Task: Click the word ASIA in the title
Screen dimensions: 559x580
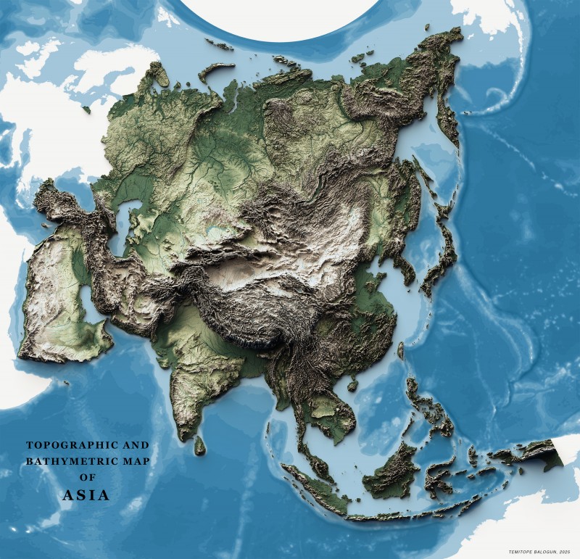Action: point(86,496)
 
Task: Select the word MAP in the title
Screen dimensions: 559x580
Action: point(133,461)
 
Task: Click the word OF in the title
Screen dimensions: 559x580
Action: point(87,479)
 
